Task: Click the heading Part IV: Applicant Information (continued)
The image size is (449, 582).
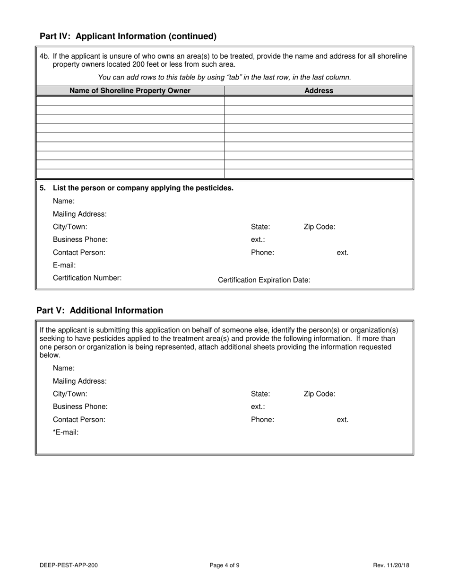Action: (x=128, y=36)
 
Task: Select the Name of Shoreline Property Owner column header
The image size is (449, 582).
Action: (x=130, y=90)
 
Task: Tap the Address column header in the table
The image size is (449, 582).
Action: (x=319, y=90)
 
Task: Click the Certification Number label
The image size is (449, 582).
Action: (x=87, y=278)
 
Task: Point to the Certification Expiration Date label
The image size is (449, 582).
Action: (x=264, y=280)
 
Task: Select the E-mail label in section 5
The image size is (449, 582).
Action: (x=64, y=265)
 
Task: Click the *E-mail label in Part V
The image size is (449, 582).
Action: (x=66, y=432)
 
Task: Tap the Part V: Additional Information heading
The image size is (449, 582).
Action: (x=100, y=310)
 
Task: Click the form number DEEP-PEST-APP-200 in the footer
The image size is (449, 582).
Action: (x=69, y=565)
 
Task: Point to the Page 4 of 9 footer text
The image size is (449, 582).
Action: (x=224, y=565)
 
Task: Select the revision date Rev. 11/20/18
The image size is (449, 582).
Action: (x=391, y=565)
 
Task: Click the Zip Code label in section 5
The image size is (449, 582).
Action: (x=319, y=227)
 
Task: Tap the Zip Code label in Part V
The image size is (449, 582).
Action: (x=319, y=394)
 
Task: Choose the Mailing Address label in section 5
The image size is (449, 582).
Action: (x=80, y=214)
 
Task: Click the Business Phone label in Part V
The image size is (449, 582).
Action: (x=80, y=406)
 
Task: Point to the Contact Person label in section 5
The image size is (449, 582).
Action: (x=79, y=252)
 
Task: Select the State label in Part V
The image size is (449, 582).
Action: (x=260, y=394)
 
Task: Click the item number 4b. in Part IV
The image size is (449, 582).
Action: (x=44, y=56)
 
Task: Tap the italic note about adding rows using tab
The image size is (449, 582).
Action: (x=224, y=77)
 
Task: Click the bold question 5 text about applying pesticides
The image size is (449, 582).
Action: (x=143, y=188)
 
